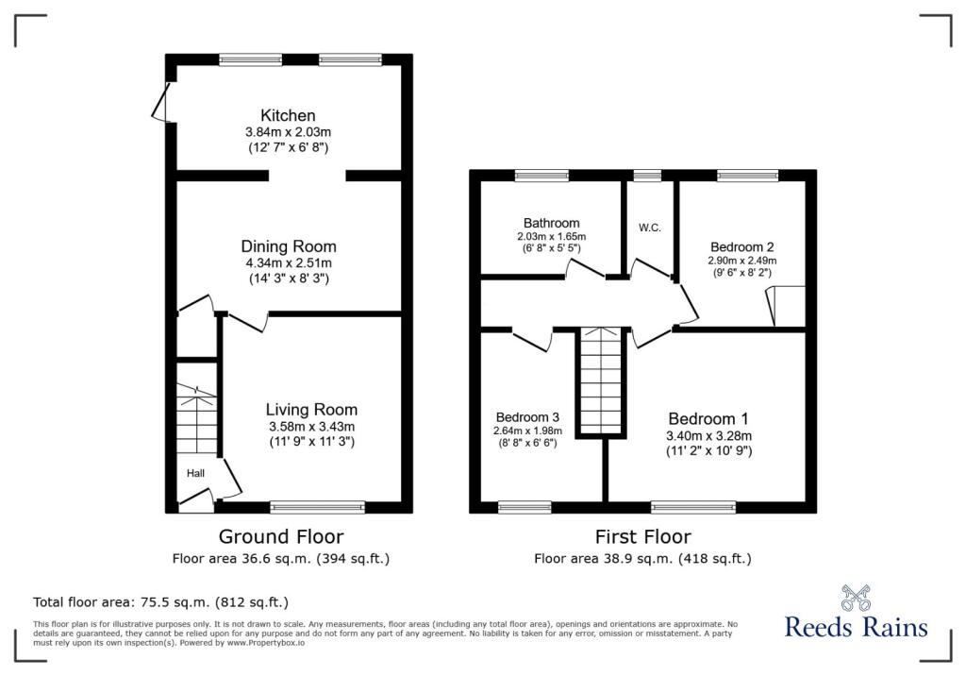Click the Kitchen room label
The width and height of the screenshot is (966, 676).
288,116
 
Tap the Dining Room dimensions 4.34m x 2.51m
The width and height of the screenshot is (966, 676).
288,262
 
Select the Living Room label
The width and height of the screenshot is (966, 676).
311,410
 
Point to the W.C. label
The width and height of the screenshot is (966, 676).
648,228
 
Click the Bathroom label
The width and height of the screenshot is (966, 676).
552,223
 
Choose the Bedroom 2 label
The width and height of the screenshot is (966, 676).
741,243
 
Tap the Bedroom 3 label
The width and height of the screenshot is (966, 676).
528,416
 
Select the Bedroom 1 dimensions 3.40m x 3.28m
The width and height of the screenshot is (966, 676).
710,436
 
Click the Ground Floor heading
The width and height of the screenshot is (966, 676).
280,536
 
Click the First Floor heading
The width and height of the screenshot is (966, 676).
642,536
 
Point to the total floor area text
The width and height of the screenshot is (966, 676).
160,601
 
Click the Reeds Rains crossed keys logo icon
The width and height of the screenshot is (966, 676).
856,599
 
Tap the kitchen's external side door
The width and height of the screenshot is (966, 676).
162,102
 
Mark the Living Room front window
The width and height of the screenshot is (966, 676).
317,507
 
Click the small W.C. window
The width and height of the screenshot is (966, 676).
647,175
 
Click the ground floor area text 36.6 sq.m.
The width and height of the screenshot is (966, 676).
280,558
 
